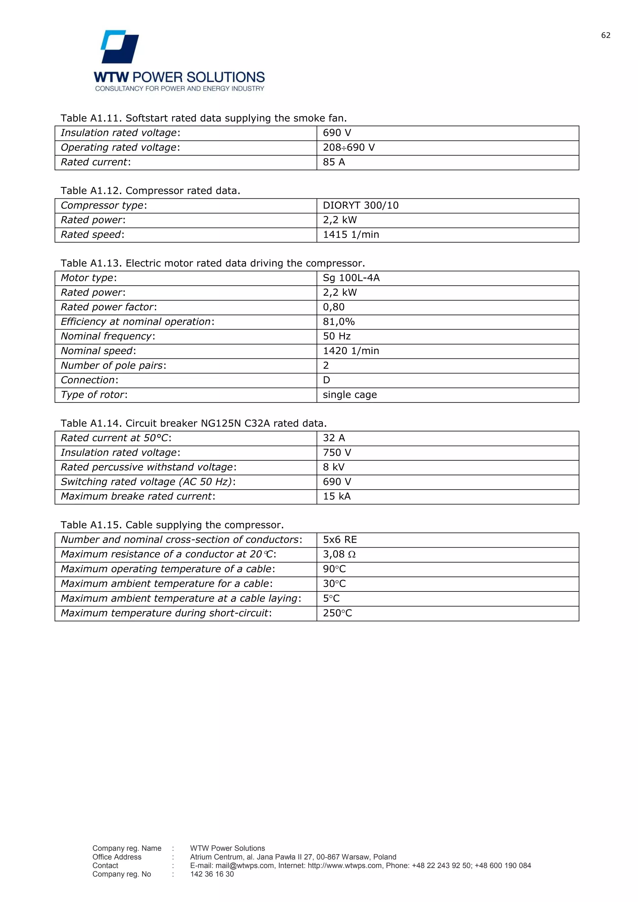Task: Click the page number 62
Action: (605, 36)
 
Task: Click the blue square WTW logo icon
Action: (120, 47)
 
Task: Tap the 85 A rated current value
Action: (334, 162)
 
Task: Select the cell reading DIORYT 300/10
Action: (360, 206)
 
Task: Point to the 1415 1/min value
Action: (351, 235)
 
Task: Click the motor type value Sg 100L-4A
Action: (351, 278)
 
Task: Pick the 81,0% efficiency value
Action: (339, 322)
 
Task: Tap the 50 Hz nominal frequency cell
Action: (337, 336)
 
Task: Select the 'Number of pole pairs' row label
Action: (113, 365)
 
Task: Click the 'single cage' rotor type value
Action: (350, 395)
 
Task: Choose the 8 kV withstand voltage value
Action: (334, 467)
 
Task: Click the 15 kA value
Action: (337, 496)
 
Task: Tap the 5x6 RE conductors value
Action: (340, 540)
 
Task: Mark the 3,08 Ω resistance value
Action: (339, 554)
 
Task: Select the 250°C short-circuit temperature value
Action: (337, 613)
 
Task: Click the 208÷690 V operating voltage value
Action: (349, 148)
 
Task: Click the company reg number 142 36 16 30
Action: (212, 874)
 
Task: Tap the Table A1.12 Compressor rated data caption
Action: (150, 191)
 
